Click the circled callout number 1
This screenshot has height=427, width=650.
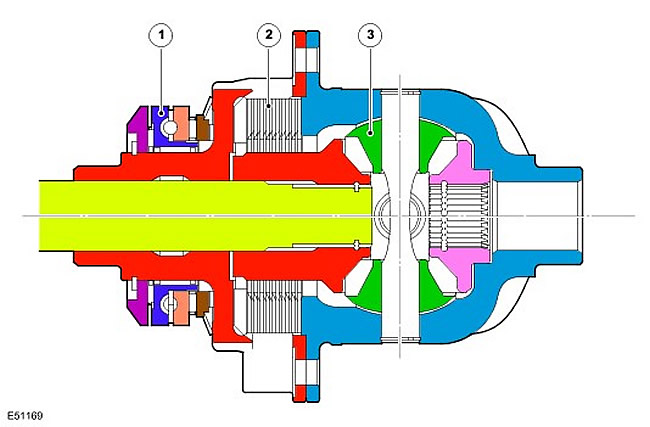161,35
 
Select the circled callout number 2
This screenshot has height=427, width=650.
269,35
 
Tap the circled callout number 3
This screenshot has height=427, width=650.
370,35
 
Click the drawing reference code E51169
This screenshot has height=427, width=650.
25,415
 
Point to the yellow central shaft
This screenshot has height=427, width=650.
206,216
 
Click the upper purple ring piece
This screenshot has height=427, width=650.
139,129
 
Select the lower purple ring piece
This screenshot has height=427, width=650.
139,302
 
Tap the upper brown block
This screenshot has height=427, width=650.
203,128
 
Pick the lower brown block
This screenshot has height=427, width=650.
203,303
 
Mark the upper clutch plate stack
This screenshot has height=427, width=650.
274,124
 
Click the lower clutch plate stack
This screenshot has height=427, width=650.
274,307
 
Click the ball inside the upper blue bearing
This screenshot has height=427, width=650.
169,127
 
